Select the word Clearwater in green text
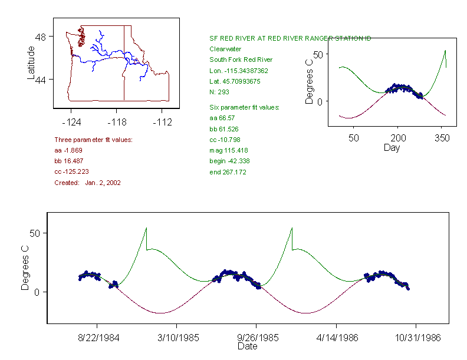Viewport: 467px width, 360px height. [225, 49]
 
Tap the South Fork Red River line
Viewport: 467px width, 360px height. [241, 60]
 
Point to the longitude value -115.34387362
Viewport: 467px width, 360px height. [239, 71]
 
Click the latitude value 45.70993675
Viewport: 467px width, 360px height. [235, 81]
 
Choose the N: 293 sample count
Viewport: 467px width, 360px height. [219, 92]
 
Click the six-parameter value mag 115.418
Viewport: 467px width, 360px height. [229, 150]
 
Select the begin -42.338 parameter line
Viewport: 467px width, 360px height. [229, 161]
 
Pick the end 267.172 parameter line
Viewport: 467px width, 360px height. [228, 172]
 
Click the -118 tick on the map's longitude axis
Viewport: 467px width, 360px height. [117, 123]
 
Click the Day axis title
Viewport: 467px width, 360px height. [392, 147]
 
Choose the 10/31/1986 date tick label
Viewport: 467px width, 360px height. [416, 339]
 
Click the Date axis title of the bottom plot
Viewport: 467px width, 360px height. [247, 346]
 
